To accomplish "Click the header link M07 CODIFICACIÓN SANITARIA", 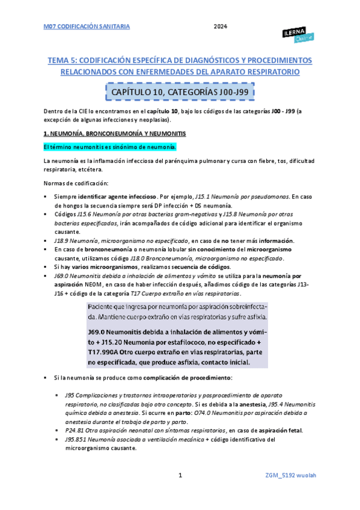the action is pyautogui.click(x=87, y=26).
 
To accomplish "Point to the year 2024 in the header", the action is pyautogui.click(x=221, y=26).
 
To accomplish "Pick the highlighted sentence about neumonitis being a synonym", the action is pyautogui.click(x=110, y=147).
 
